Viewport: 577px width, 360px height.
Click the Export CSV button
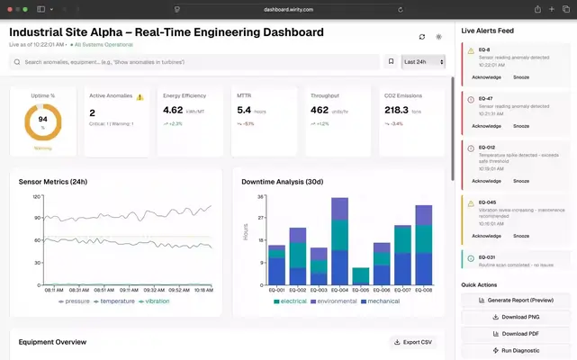[x=412, y=342]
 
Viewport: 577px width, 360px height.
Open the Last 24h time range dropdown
[x=422, y=62]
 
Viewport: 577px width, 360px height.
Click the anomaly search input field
[x=194, y=62]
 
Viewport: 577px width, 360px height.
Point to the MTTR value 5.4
[x=244, y=110]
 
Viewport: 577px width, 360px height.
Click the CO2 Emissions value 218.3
[x=397, y=110]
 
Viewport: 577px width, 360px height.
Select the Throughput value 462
[x=320, y=110]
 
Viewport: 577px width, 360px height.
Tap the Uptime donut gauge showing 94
[x=42, y=122]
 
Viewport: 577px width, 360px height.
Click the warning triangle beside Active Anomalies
[x=140, y=96]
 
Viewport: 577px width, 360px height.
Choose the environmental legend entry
[x=334, y=301]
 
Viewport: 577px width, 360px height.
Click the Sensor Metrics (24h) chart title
[x=53, y=182]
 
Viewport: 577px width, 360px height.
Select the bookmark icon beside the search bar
[x=391, y=62]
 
